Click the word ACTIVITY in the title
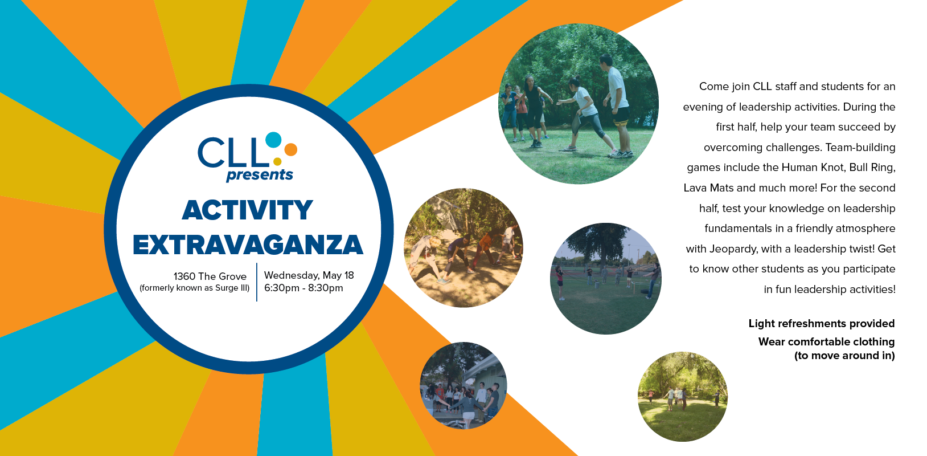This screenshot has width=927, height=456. point(247,210)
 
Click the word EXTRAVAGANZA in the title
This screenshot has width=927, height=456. point(248,245)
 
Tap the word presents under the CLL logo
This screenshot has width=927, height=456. point(260,175)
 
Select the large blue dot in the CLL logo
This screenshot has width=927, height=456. point(273,140)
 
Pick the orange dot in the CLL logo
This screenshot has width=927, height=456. point(290,149)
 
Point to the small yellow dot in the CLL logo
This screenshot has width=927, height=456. point(277,161)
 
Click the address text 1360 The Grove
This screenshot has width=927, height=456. point(210,276)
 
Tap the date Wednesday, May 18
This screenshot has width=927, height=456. point(309,275)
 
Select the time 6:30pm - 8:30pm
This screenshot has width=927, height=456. point(303,288)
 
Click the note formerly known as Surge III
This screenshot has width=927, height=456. point(195,288)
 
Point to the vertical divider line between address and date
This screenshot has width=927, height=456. point(257,282)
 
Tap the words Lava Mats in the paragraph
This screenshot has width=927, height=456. point(708,188)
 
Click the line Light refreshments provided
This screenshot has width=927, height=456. point(822,323)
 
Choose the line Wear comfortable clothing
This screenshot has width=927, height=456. point(826,341)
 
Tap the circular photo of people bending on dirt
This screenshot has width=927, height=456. point(463,248)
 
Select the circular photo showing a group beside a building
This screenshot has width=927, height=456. point(463,385)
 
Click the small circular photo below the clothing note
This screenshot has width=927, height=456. point(683,396)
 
